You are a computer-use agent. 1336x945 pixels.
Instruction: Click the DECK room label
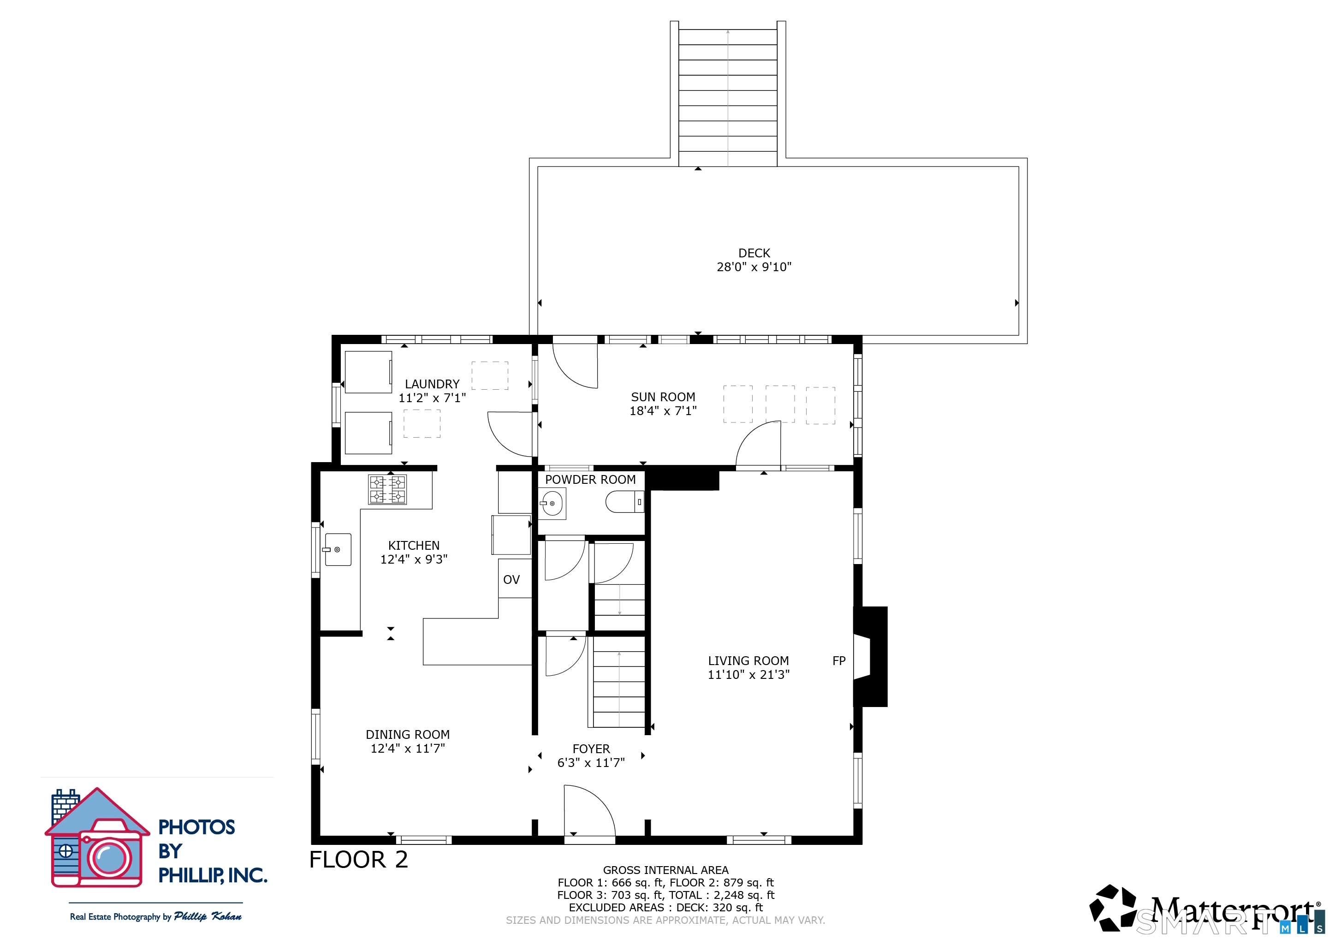click(x=754, y=253)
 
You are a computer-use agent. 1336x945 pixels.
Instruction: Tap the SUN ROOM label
click(x=663, y=397)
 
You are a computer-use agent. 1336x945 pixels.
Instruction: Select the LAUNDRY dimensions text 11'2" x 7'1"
click(x=432, y=398)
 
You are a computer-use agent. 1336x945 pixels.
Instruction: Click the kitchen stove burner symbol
click(x=387, y=489)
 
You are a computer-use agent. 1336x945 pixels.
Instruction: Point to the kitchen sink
click(x=338, y=549)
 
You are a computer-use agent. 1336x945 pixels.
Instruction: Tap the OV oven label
click(x=511, y=580)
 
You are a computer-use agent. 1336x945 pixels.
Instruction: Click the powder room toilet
click(x=624, y=502)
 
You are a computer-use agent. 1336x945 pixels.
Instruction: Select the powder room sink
click(x=552, y=503)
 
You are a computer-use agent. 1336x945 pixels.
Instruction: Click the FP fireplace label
click(x=838, y=661)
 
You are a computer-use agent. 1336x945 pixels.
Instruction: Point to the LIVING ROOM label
click(x=748, y=661)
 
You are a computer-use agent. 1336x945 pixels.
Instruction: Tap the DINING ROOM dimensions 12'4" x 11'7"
click(x=407, y=749)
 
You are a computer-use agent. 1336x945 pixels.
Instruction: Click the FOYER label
click(x=591, y=749)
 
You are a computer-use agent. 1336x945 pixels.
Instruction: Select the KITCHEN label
click(x=414, y=545)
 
